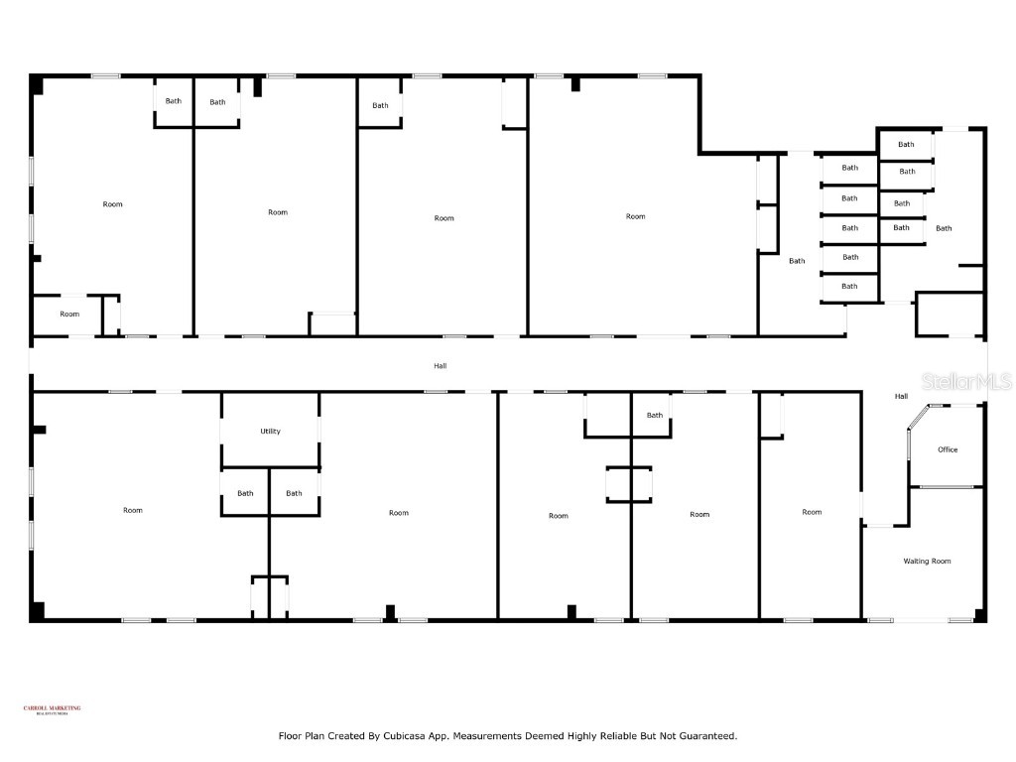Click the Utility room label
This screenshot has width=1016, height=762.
coord(270,432)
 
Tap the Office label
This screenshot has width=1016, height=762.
coord(948,449)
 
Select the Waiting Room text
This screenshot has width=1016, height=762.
coord(927,562)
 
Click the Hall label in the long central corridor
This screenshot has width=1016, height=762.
coord(440,366)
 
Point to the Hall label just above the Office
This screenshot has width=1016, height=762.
coord(901,397)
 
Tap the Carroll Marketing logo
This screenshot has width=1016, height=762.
coord(52,709)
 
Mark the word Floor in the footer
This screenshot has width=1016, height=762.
coord(291,736)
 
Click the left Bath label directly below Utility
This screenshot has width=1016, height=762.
coord(245,493)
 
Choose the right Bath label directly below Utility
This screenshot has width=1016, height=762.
coord(294,493)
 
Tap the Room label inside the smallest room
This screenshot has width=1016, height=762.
coord(69,315)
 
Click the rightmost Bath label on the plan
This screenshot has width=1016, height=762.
coord(944,228)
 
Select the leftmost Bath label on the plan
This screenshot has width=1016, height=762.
coord(174,101)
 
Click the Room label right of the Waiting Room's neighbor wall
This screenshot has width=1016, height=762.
coord(812,512)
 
